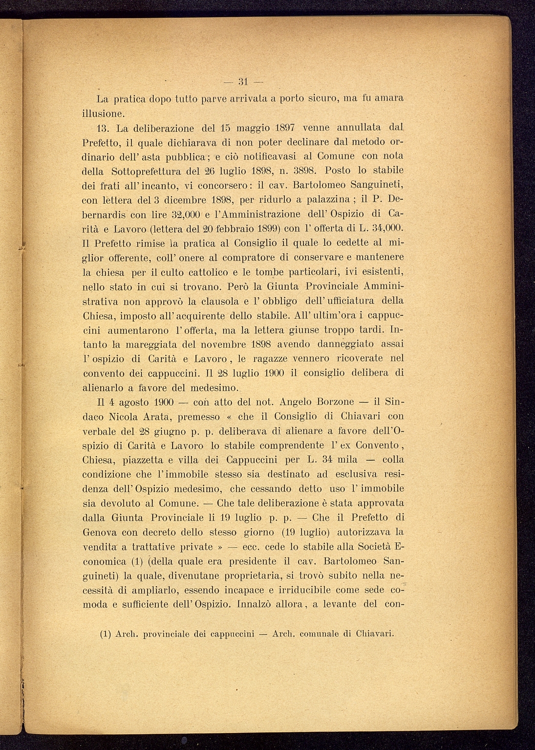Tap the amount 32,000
click(x=171, y=214)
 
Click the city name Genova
click(x=100, y=532)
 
